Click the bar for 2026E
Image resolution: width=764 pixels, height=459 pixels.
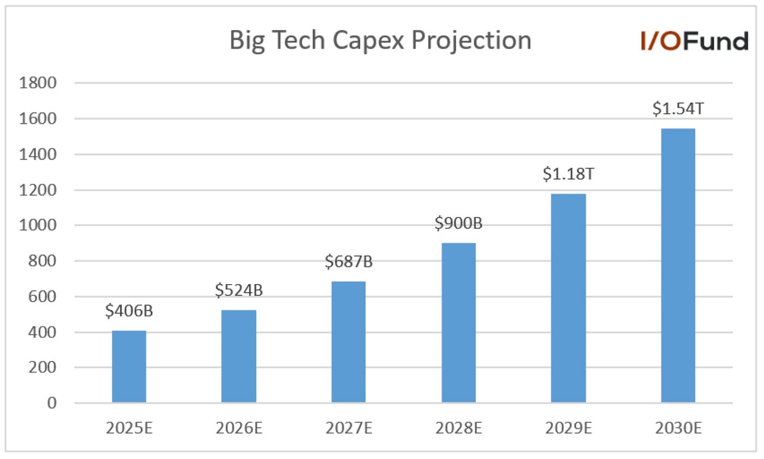point(238,357)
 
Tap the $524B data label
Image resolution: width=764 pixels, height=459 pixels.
point(238,291)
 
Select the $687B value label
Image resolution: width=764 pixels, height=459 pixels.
point(348,262)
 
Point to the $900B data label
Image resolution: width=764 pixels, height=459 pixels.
point(458,224)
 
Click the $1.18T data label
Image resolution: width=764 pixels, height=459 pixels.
point(568,174)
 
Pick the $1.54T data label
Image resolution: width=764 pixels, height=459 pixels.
point(678,110)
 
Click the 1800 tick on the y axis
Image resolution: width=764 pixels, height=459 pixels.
point(38,83)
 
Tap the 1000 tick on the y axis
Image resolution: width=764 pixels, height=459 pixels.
point(38,226)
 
